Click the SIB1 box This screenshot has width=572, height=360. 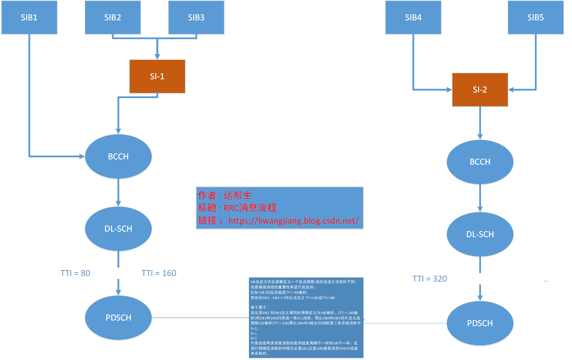point(29,17)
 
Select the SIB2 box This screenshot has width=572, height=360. point(113,17)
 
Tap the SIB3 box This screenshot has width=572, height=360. point(196,17)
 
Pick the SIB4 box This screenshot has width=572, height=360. point(413,17)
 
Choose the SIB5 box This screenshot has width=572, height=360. point(535,17)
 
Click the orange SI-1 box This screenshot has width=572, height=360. point(157,76)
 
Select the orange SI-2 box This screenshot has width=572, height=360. point(480,90)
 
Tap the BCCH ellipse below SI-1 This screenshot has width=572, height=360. point(118,156)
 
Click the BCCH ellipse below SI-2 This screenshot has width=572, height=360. point(480,162)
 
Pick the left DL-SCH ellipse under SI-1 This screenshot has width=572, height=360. point(118,229)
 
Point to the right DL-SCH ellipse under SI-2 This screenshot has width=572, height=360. point(480,234)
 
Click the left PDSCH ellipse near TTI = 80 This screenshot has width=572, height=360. point(118,318)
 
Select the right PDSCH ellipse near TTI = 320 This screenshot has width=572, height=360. point(480,323)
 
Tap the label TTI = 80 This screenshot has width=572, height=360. point(75,273)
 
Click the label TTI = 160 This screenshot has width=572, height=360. point(159,273)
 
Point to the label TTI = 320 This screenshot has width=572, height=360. point(429,279)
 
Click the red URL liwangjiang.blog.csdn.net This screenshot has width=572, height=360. point(293,221)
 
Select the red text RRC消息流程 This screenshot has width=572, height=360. point(250,208)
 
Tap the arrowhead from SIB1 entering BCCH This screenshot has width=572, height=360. point(82,156)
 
